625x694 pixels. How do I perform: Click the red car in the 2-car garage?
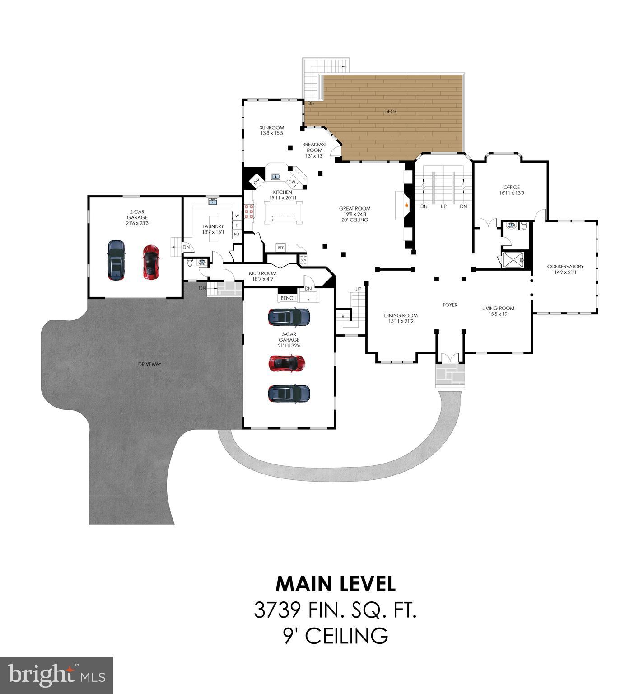click(x=151, y=262)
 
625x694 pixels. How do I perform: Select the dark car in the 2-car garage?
click(x=116, y=260)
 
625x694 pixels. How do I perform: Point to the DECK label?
click(x=391, y=112)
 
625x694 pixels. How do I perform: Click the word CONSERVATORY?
click(x=565, y=267)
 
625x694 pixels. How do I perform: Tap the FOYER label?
click(x=450, y=305)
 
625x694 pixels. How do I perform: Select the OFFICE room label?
click(x=511, y=187)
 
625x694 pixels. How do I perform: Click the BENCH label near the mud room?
click(x=289, y=298)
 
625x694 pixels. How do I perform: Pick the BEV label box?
click(x=303, y=260)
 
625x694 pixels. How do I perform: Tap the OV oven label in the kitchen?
click(x=257, y=182)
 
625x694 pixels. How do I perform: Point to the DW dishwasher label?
click(x=292, y=182)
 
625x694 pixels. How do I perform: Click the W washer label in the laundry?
click(x=237, y=216)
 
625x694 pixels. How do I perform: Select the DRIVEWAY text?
click(x=150, y=364)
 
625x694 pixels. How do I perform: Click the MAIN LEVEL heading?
click(x=336, y=584)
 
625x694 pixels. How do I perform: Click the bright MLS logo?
click(x=56, y=675)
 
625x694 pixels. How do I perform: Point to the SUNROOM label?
click(x=272, y=128)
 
